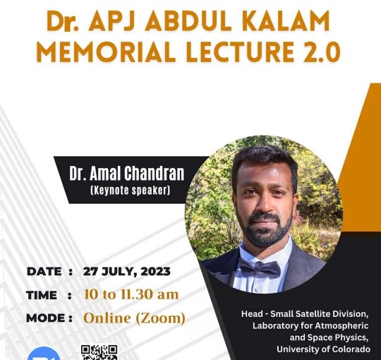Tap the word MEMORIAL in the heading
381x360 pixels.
[106, 52]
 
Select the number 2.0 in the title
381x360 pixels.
[322, 52]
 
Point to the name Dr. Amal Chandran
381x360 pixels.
[126, 174]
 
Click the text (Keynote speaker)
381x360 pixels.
[130, 191]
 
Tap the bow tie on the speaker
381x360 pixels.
[259, 268]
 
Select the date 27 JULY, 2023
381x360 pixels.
[126, 272]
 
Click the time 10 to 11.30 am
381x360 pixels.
[131, 294]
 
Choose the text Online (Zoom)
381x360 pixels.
[134, 318]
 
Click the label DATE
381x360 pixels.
[44, 272]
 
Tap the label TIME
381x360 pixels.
[42, 295]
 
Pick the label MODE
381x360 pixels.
[45, 318]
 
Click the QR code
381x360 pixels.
[99, 352]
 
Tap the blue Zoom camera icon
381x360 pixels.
[44, 354]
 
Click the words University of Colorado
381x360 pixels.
[323, 349]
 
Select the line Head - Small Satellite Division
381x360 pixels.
[305, 314]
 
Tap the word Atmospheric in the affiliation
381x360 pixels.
[342, 325]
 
